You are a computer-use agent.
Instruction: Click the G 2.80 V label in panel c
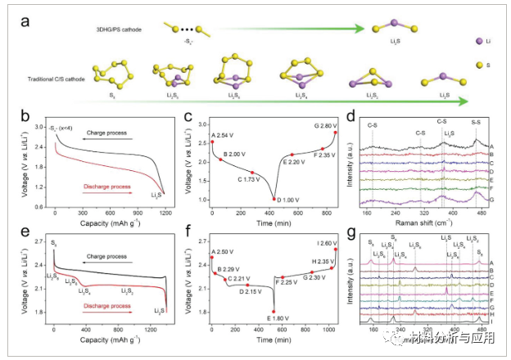(320, 125)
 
